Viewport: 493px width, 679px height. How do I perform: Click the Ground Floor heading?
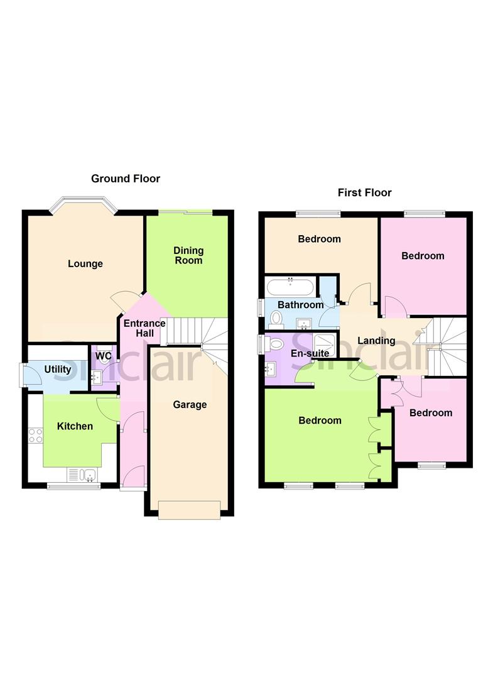126,179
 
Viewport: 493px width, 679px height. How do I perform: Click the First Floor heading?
364,192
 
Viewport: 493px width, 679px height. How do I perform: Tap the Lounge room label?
85,263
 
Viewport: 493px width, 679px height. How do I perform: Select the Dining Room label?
188,255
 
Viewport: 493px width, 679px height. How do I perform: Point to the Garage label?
190,404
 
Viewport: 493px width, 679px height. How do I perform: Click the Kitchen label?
75,426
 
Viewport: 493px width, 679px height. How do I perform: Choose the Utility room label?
57,369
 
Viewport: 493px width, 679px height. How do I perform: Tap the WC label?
104,356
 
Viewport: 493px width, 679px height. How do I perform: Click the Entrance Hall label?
144,329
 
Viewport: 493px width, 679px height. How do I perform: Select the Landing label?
376,341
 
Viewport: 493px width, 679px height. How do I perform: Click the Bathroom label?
301,305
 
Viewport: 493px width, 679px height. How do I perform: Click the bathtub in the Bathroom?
290,287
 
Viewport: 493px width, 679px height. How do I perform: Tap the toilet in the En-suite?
273,344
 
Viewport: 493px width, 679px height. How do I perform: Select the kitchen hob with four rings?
35,435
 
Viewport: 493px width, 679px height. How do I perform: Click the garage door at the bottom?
189,510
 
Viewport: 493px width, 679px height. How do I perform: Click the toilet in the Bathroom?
276,319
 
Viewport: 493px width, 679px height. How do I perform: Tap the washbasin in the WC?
97,377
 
